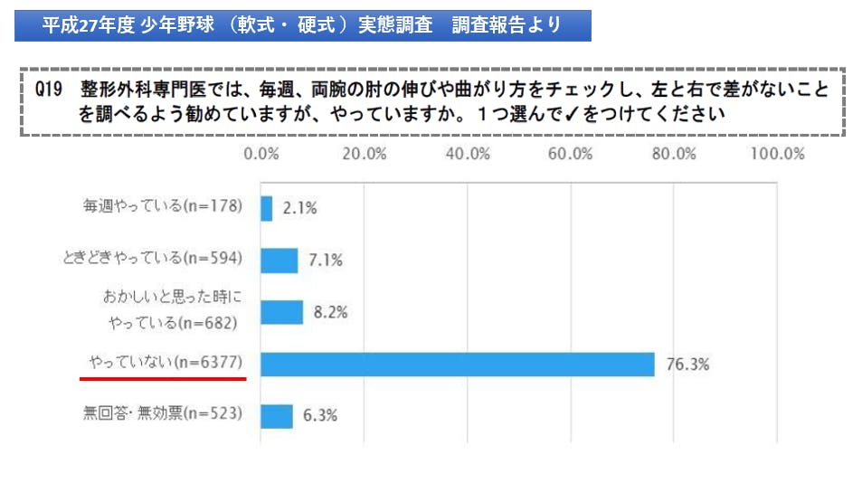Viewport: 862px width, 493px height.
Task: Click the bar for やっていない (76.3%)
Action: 457,364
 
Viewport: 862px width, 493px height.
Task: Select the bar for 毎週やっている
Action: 266,208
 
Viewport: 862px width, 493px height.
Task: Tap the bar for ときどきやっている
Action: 279,260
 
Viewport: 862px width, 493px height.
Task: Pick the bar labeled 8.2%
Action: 281,312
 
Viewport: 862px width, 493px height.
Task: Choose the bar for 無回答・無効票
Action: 277,416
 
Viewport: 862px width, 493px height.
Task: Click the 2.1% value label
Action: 299,208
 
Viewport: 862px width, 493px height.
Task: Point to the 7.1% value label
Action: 325,261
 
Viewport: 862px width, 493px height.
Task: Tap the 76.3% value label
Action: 687,365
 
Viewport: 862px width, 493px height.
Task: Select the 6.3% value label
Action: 319,416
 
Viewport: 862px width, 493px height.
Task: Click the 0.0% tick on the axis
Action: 261,153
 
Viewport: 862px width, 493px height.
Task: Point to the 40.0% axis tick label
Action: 467,153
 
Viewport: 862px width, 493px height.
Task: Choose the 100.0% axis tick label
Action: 777,153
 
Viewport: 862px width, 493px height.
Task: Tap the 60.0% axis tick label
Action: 570,153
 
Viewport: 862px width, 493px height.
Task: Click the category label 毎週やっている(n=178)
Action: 163,206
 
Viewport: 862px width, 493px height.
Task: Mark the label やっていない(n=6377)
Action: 166,363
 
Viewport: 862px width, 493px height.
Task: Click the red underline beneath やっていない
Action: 163,377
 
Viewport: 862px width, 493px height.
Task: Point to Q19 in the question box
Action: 48,92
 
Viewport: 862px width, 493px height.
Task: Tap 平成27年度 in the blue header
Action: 89,25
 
